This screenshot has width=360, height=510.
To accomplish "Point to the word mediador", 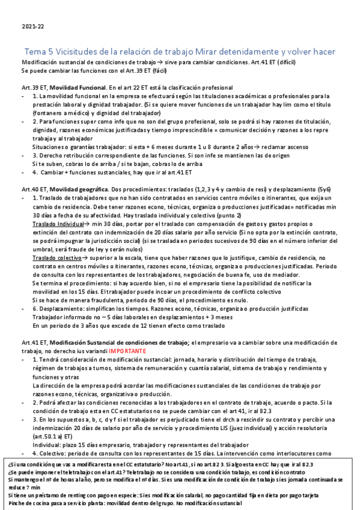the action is tap(270, 274).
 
